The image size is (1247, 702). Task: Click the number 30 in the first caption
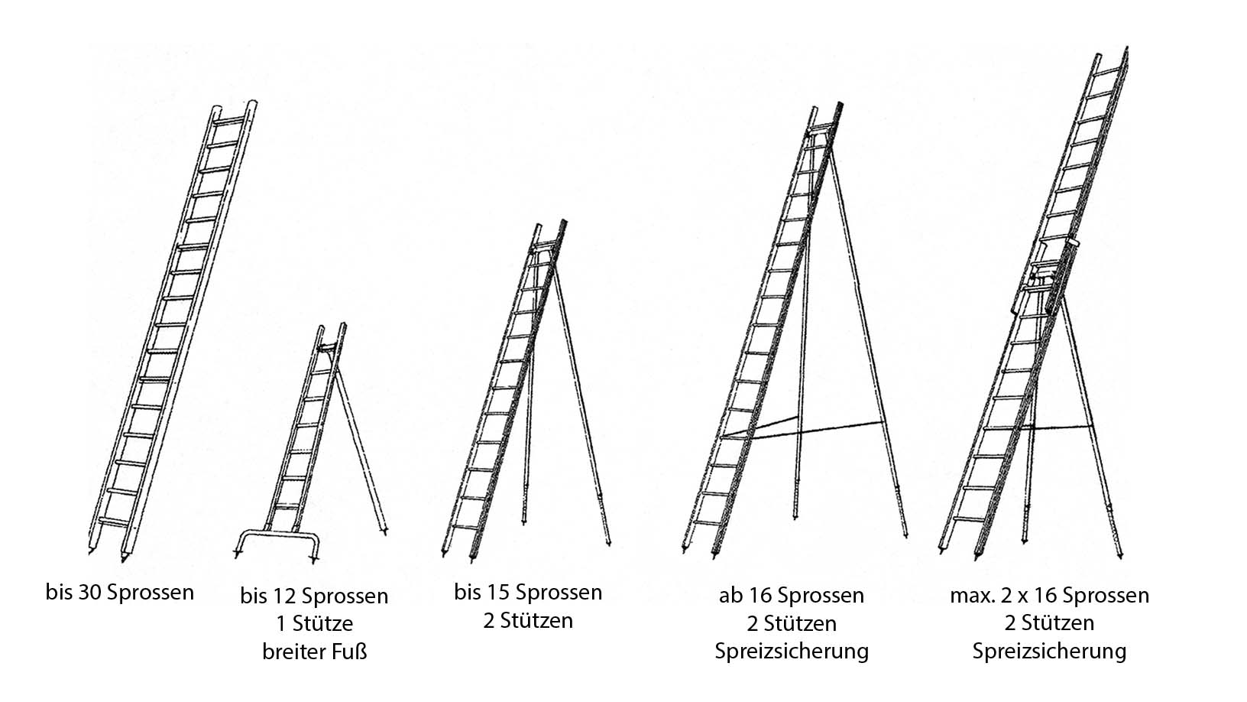click(89, 592)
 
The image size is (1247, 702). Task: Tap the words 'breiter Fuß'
click(315, 652)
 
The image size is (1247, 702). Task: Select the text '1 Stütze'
click(315, 623)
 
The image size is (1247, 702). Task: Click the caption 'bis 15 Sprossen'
click(528, 592)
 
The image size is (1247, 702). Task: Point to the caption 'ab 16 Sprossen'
click(791, 596)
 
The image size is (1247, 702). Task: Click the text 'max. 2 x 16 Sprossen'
click(1049, 596)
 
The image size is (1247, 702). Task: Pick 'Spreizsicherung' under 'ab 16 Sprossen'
click(792, 652)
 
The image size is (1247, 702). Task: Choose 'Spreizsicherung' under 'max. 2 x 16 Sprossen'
click(1049, 652)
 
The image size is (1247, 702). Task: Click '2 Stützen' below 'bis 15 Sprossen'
click(528, 621)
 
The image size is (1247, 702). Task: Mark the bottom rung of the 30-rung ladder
click(114, 522)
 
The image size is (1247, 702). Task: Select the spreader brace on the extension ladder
click(1057, 427)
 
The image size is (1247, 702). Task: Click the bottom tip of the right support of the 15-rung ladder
click(608, 544)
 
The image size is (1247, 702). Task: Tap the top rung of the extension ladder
click(1109, 72)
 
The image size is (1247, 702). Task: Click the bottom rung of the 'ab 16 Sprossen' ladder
click(707, 522)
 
